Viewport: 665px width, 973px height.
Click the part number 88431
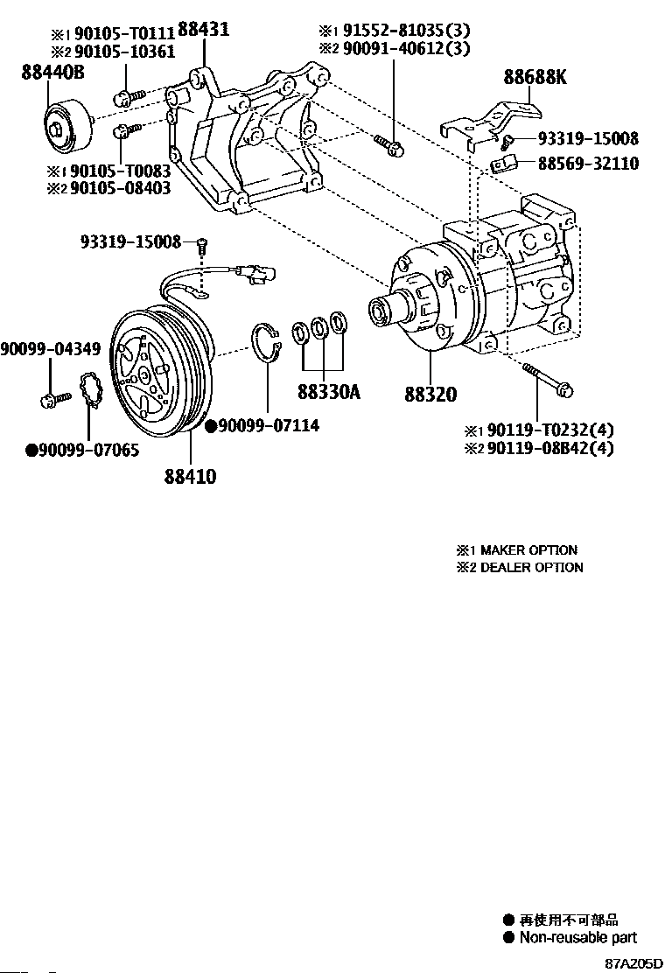(203, 30)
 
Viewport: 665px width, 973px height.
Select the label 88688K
(535, 78)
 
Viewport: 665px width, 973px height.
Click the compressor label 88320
(430, 395)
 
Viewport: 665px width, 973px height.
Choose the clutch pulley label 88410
(190, 476)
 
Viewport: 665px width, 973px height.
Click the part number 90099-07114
(269, 425)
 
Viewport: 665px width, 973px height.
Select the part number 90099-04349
(50, 349)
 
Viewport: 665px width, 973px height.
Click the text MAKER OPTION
(528, 550)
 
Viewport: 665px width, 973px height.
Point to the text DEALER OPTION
(531, 567)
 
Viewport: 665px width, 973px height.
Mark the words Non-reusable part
(578, 937)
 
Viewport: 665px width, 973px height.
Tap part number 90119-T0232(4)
(550, 430)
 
